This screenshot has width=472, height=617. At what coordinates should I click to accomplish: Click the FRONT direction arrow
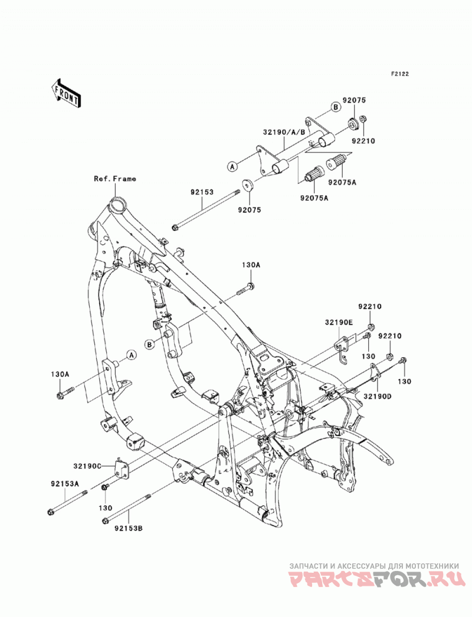(66, 93)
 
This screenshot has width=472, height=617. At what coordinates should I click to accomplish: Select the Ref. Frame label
(114, 179)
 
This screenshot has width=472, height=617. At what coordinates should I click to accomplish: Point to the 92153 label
(202, 193)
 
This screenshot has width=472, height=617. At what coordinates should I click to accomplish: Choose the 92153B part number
(129, 528)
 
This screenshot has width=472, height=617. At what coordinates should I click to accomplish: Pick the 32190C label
(87, 466)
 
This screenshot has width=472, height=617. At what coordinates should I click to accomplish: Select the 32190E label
(339, 322)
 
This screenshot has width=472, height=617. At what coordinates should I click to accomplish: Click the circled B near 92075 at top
(335, 107)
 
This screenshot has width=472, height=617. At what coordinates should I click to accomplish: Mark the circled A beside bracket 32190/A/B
(232, 166)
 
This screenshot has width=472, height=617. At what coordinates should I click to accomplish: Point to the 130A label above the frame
(251, 265)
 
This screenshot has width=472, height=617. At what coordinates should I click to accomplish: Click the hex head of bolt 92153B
(105, 520)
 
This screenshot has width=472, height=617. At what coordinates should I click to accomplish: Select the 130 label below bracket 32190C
(105, 508)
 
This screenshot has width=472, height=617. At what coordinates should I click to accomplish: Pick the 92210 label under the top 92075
(363, 140)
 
